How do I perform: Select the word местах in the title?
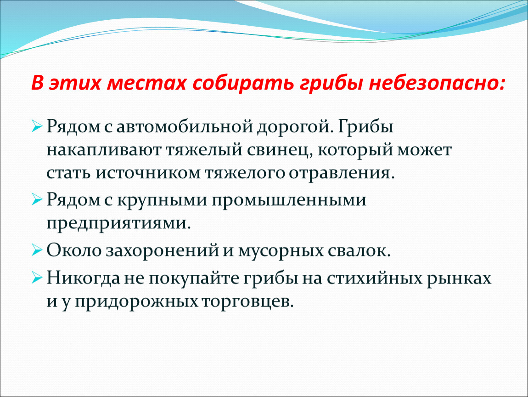[x=146, y=83]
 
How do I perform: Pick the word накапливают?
[x=104, y=150]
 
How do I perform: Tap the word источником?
[x=148, y=173]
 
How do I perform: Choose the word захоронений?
[x=163, y=251]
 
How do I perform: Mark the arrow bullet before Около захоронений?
[x=37, y=250]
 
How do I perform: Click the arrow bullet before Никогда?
[x=37, y=278]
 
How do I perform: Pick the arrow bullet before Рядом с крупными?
[x=37, y=200]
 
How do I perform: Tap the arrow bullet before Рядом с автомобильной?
[x=37, y=126]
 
